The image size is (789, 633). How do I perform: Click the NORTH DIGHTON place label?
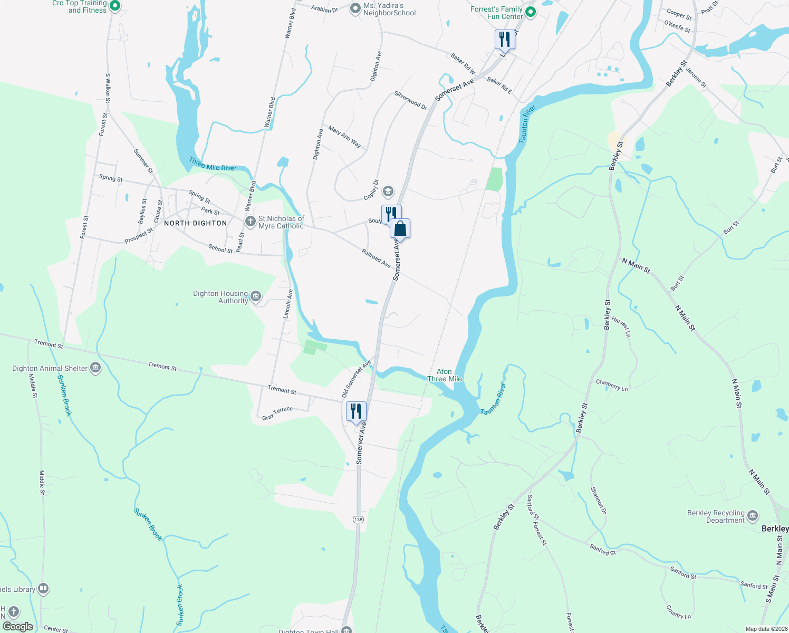195,223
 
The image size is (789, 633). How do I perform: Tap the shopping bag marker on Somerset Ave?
400,229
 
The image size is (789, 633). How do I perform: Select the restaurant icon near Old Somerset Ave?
356,411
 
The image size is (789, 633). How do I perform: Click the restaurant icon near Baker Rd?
505,39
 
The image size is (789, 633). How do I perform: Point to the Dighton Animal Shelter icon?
95,368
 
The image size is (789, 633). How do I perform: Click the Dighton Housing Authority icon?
256,296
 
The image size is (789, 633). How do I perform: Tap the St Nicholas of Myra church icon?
251,222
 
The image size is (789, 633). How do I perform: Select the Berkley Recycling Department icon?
753,515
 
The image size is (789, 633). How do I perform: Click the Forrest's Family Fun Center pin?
531,12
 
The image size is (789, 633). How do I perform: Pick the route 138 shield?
359,520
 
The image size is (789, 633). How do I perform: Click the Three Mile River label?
213,164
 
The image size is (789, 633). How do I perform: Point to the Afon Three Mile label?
445,375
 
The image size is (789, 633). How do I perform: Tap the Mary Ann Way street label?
345,137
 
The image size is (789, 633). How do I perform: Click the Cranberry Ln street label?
612,385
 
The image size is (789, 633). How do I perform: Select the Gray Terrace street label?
277,413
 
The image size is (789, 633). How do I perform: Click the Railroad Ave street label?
376,258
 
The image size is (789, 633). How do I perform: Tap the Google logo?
18,627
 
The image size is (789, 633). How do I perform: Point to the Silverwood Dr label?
411,100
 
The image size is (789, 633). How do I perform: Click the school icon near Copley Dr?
388,191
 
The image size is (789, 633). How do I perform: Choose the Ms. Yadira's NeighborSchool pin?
356,8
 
